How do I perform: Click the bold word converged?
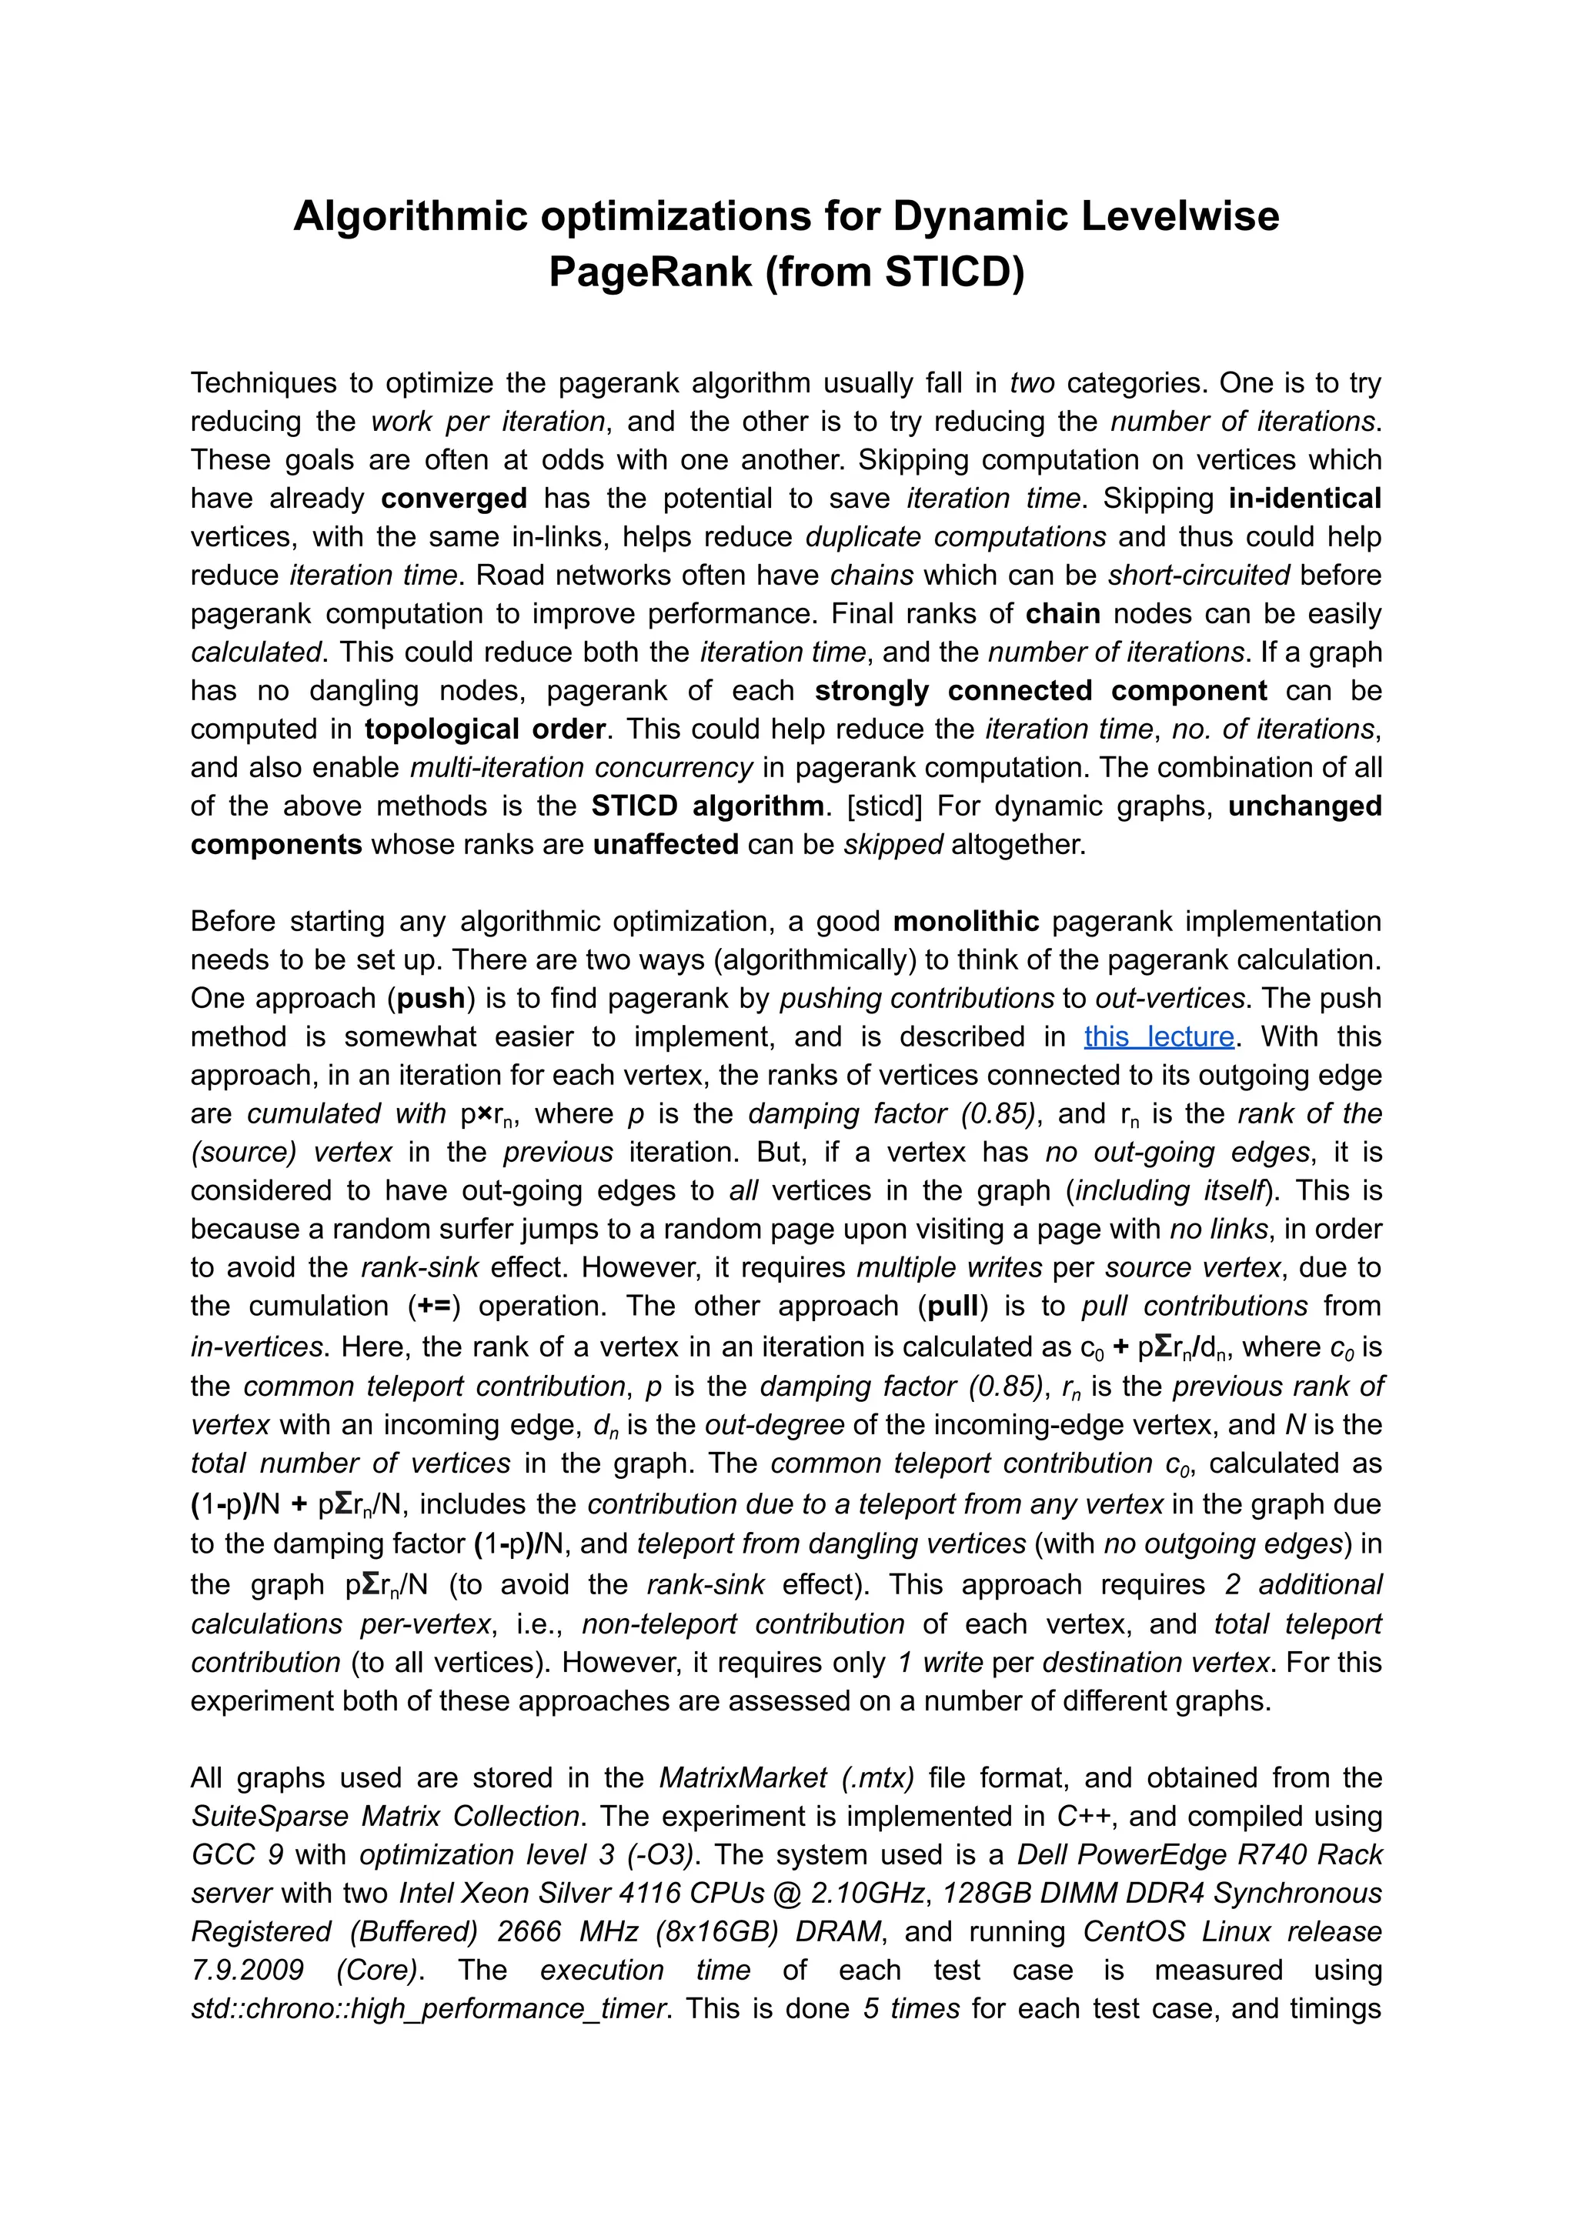453,499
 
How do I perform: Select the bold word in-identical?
1304,499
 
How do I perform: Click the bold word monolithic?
966,921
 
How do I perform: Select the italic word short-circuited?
1198,576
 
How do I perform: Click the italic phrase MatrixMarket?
743,1777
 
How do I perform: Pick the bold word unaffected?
666,844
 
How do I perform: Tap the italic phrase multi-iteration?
494,768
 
